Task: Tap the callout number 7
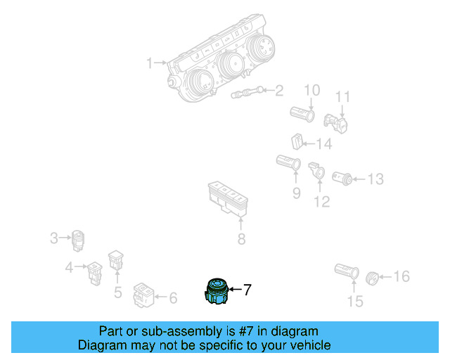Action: point(247,289)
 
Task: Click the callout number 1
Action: point(149,64)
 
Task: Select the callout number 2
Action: point(279,90)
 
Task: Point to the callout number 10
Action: point(311,90)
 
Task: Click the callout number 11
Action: point(342,96)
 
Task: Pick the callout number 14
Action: point(323,144)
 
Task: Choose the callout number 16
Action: point(401,276)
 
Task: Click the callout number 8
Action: point(241,240)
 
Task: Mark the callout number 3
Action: point(53,238)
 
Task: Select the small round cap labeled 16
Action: point(373,277)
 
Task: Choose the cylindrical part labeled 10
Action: point(303,112)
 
